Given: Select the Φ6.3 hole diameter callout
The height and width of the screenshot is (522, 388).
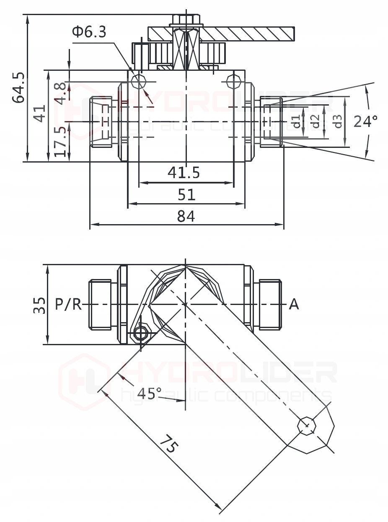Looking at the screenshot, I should (x=89, y=32).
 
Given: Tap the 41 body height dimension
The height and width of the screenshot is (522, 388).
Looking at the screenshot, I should (x=39, y=114).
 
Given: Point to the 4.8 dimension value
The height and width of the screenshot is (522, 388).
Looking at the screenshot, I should (x=60, y=93).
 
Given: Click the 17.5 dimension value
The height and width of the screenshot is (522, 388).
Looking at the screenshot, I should (x=60, y=142).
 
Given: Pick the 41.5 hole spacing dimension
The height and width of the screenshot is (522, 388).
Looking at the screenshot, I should (x=184, y=172).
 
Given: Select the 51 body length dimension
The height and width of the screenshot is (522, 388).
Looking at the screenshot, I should (x=186, y=194).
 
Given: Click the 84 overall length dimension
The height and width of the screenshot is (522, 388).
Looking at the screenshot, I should (x=186, y=216).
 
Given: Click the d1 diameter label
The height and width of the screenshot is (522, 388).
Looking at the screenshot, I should (x=296, y=121).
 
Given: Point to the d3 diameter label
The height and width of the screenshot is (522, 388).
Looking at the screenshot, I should (x=338, y=121).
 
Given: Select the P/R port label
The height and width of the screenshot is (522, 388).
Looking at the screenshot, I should (x=68, y=304).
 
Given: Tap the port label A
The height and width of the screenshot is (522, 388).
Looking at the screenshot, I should (x=294, y=304).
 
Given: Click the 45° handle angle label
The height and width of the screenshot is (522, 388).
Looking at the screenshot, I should (x=149, y=393).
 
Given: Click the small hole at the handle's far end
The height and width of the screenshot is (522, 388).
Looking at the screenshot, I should (x=306, y=426).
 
